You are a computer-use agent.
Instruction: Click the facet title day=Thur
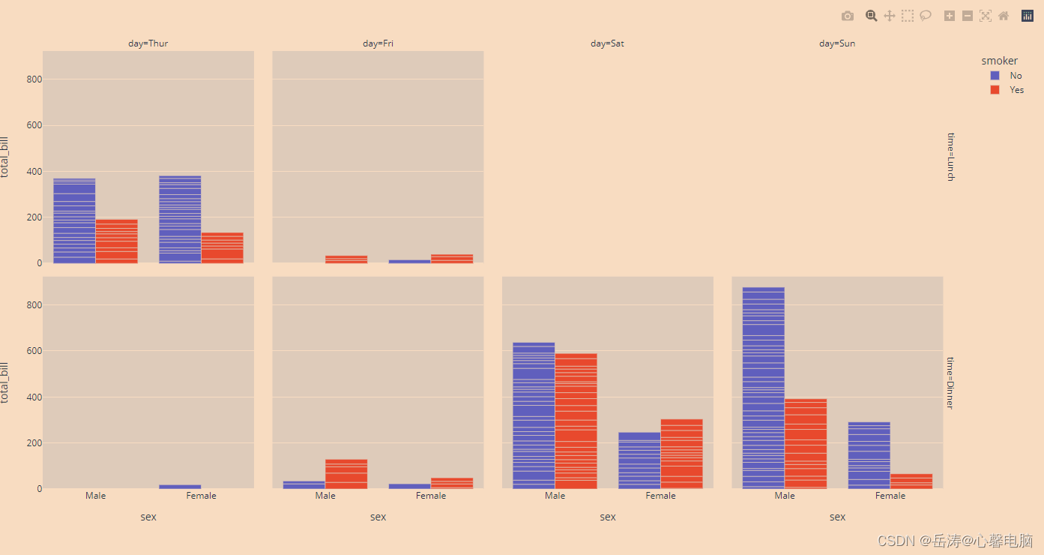pyautogui.click(x=148, y=43)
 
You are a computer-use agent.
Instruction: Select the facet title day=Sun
pyautogui.click(x=836, y=43)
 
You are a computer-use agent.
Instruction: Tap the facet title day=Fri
pyautogui.click(x=378, y=43)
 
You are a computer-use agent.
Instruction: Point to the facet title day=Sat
pyautogui.click(x=607, y=43)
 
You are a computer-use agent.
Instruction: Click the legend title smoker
pyautogui.click(x=999, y=61)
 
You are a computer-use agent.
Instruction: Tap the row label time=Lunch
pyautogui.click(x=950, y=157)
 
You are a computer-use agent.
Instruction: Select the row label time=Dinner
pyautogui.click(x=950, y=382)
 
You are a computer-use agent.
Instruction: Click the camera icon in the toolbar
pyautogui.click(x=848, y=16)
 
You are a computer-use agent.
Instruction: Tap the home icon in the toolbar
pyautogui.click(x=1004, y=16)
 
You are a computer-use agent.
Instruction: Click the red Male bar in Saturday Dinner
pyautogui.click(x=576, y=421)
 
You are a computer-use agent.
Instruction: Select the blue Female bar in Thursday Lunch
pyautogui.click(x=180, y=219)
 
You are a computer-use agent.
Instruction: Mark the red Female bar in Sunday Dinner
pyautogui.click(x=911, y=481)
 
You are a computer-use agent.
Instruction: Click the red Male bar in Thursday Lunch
pyautogui.click(x=116, y=241)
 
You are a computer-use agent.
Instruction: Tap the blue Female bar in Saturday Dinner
pyautogui.click(x=639, y=460)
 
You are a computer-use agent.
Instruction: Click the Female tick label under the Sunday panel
pyautogui.click(x=890, y=496)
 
